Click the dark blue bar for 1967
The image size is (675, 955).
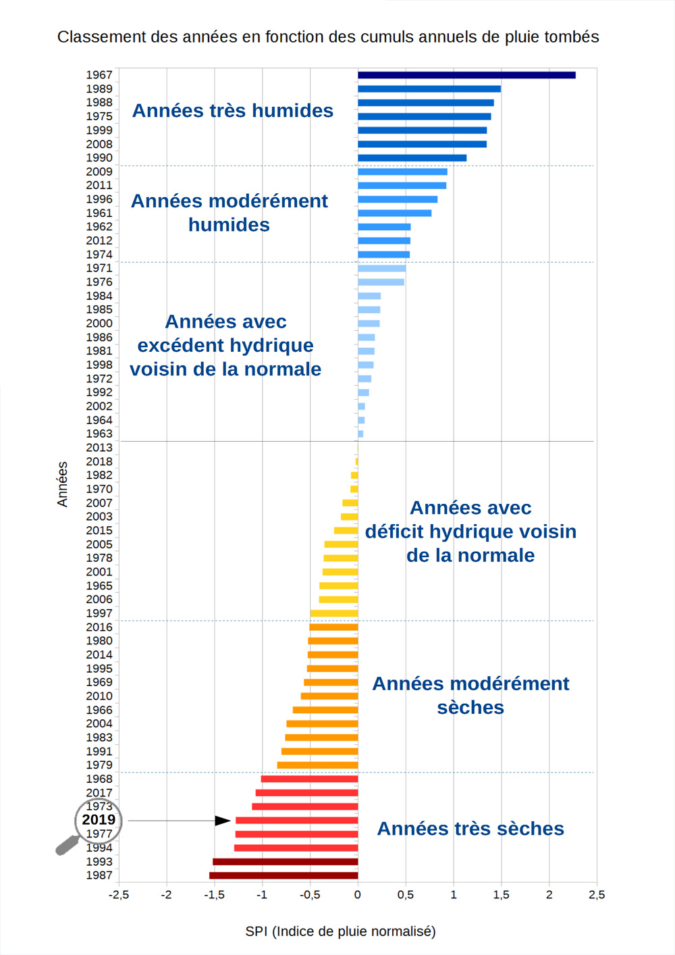466,75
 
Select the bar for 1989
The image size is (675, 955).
429,88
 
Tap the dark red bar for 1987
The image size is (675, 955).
283,875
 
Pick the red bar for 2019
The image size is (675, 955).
297,821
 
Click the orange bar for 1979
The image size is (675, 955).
317,765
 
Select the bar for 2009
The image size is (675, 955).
402,172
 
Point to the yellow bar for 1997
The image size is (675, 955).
334,613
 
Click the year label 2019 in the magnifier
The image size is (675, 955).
99,820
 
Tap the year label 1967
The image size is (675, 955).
99,75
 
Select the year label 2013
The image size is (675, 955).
99,448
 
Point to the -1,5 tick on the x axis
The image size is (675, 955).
214,895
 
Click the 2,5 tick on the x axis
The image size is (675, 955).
597,895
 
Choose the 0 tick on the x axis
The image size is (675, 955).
358,895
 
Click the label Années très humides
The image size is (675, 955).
232,111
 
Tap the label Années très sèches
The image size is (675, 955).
470,829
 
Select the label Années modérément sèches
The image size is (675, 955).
470,696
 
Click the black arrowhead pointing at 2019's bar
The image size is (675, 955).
223,821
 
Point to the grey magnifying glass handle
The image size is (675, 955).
66,846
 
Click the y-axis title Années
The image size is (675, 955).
62,484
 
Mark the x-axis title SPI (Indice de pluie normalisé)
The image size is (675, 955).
340,931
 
